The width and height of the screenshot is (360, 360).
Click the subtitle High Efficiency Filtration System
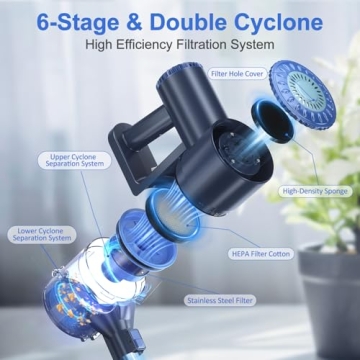(179, 45)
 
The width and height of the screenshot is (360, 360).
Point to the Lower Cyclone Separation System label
(45, 235)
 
